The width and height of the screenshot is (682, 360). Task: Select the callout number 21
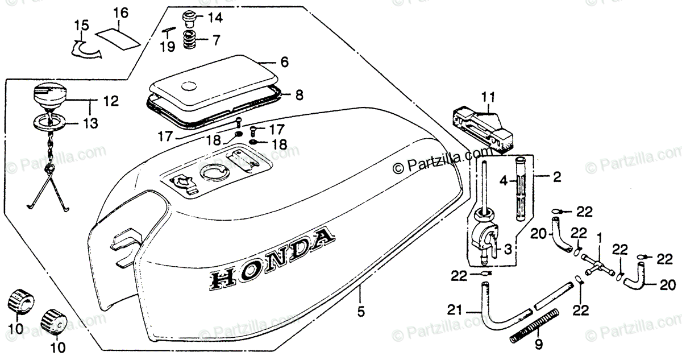(x=454, y=309)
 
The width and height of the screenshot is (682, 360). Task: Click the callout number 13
(x=91, y=122)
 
